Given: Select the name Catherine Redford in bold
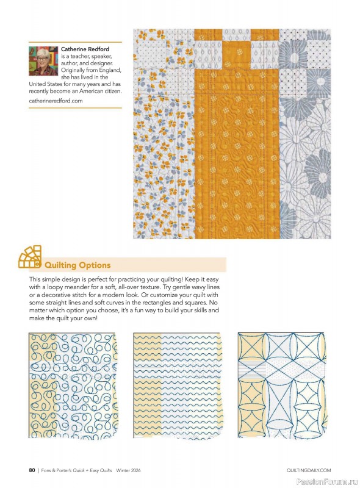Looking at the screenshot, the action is (87, 49).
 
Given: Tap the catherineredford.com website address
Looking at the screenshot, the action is (56, 101).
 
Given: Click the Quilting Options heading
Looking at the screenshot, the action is (77, 265).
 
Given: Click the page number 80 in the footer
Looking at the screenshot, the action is (32, 470).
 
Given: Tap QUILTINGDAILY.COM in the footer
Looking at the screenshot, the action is (308, 470).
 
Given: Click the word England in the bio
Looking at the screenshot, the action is (109, 70).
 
